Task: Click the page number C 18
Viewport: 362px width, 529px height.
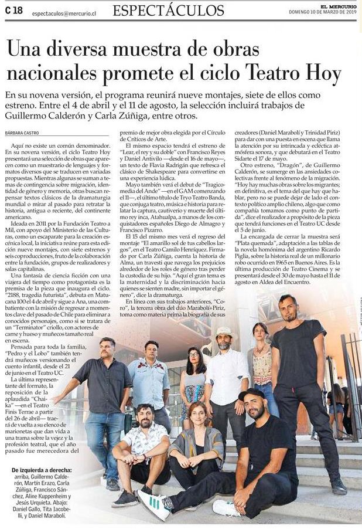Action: tap(14, 9)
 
